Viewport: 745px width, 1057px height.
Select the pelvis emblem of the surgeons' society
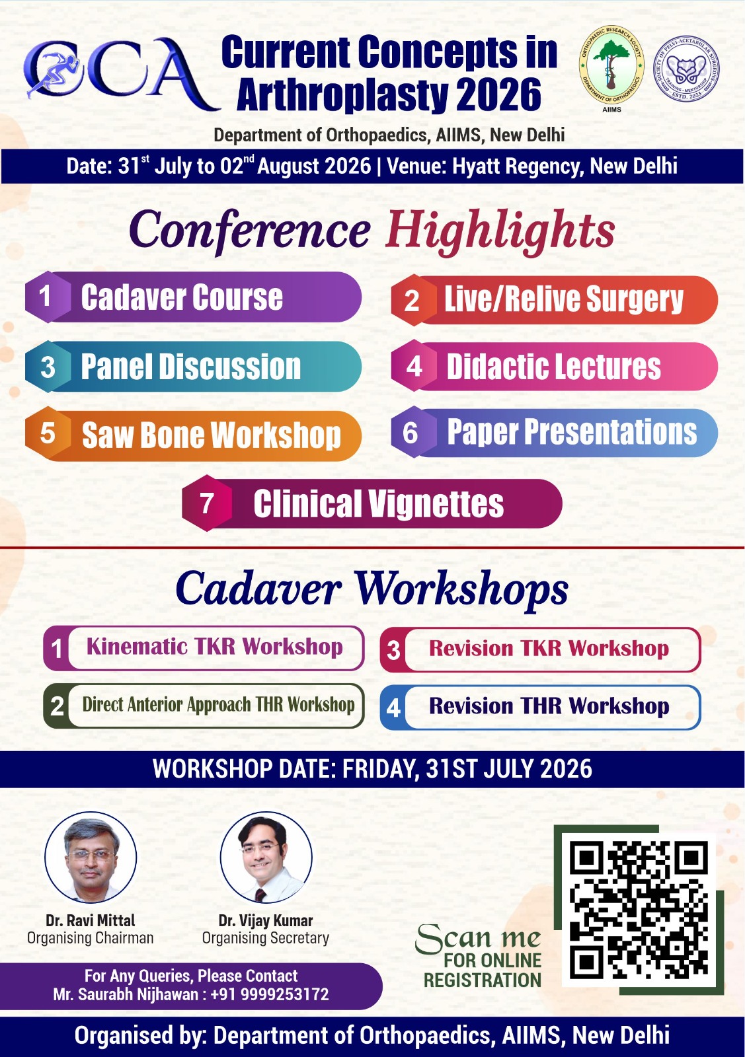click(x=686, y=69)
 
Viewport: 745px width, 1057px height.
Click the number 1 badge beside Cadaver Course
click(x=46, y=297)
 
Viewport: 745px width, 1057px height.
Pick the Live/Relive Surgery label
click(x=564, y=300)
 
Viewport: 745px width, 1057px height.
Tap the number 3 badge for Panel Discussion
click(x=47, y=367)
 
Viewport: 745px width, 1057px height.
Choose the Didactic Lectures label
click(x=554, y=367)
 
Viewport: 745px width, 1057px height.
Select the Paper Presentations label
click(x=572, y=432)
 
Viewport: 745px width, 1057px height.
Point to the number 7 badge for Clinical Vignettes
click(x=207, y=503)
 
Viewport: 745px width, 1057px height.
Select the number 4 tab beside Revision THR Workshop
click(x=393, y=708)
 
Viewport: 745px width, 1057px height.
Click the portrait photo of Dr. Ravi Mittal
click(x=90, y=857)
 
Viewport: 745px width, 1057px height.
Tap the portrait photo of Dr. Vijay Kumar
click(x=266, y=857)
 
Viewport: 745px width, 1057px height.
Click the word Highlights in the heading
click(x=500, y=231)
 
